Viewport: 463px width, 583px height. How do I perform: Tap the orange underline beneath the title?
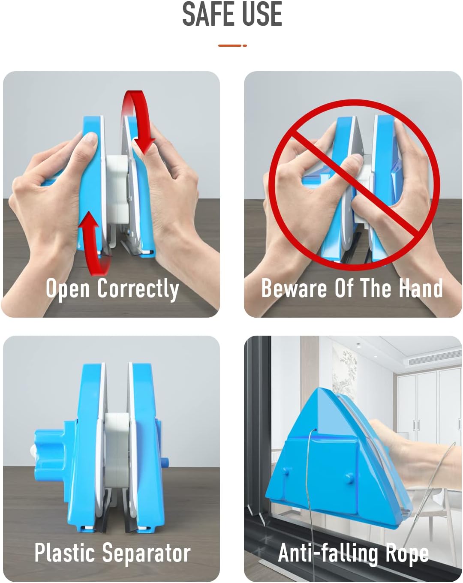[232, 45]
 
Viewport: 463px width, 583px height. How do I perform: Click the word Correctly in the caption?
[138, 288]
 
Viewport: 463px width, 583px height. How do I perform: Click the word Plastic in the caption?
[65, 553]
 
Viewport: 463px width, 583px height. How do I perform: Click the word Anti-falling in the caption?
[328, 553]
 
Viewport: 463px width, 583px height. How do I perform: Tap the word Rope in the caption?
[407, 553]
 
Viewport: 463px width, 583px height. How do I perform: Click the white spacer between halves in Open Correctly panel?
[117, 189]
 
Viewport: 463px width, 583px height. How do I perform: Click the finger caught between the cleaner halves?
[349, 165]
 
